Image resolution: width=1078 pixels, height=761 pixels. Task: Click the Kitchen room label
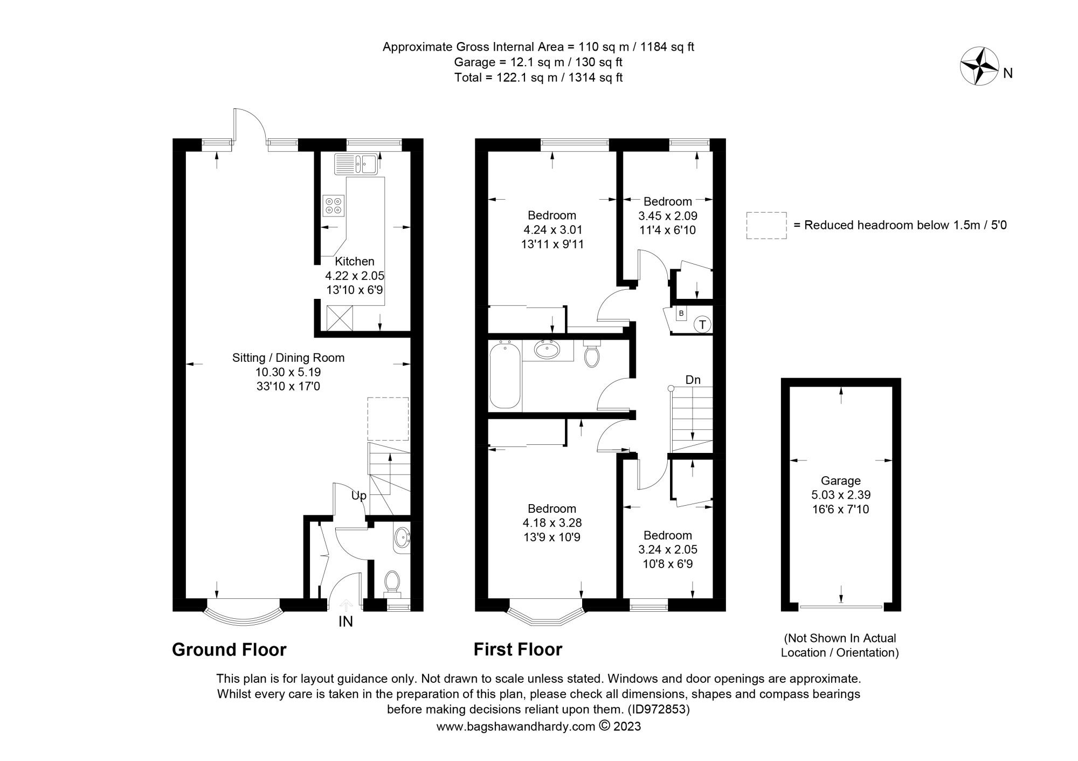[354, 262]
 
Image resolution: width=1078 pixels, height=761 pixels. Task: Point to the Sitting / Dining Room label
[288, 358]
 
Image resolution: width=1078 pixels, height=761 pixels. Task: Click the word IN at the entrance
[345, 622]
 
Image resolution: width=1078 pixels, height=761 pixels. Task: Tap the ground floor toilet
[392, 582]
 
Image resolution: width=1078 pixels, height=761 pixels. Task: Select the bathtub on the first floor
[505, 377]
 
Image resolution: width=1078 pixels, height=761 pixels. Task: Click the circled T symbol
[702, 325]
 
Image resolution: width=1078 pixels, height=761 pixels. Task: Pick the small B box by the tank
[681, 313]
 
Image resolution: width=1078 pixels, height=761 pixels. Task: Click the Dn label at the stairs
[693, 380]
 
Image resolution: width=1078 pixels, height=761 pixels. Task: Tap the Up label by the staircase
[358, 495]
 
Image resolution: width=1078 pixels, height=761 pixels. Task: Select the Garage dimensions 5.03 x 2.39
[840, 495]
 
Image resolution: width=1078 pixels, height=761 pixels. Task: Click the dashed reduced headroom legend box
[766, 225]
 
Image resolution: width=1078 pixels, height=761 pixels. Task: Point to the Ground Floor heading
[229, 650]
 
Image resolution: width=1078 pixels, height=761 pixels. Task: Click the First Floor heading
[517, 650]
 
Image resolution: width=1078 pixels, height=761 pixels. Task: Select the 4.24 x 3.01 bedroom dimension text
[552, 230]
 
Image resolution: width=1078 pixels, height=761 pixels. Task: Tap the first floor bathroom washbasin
[548, 351]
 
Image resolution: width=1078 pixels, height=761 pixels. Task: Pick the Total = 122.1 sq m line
[538, 78]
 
